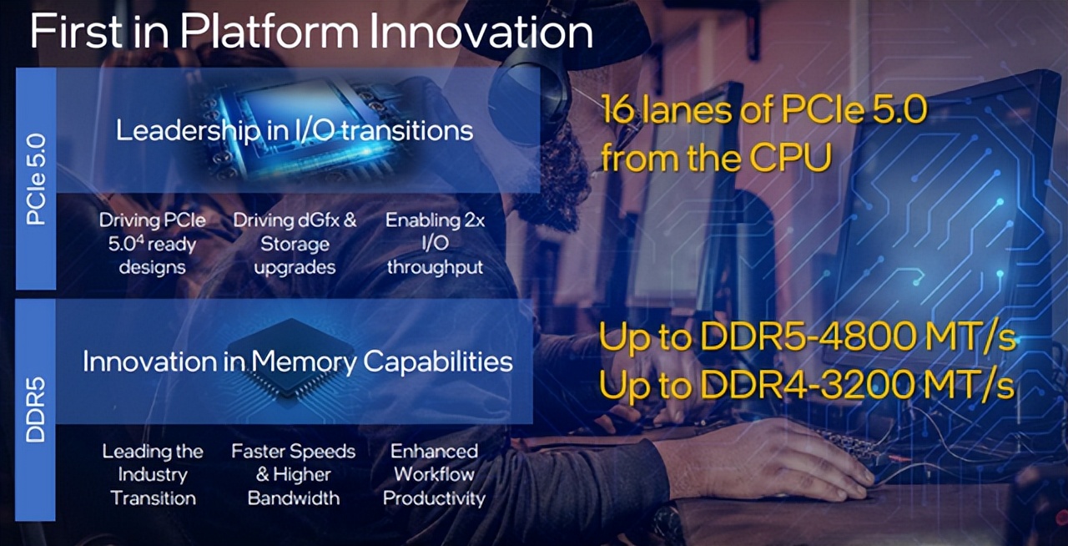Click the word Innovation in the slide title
481,32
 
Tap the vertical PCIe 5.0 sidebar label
36,179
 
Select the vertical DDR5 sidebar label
35,409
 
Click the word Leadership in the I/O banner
189,131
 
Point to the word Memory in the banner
304,362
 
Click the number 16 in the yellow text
618,109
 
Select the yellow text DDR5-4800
808,337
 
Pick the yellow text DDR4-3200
808,385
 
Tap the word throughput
435,267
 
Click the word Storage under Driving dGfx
295,245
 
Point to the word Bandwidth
294,498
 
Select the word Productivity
434,498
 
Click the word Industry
153,475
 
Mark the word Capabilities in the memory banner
438,362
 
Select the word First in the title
78,31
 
